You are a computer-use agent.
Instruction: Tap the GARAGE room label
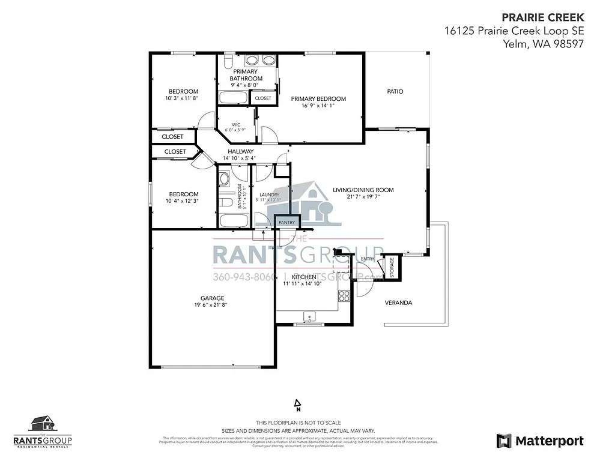point(212,298)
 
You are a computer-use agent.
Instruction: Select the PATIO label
point(395,92)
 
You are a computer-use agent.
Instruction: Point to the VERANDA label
point(398,303)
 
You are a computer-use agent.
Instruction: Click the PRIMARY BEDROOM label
point(318,98)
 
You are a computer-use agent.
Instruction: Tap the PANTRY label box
point(286,222)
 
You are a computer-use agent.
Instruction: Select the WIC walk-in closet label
point(228,125)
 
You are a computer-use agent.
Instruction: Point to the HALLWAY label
point(240,151)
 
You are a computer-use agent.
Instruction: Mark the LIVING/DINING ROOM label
point(363,190)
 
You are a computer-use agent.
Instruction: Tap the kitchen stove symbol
point(344,295)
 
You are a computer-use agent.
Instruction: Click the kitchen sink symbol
point(309,316)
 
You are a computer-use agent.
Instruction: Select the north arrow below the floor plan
point(297,405)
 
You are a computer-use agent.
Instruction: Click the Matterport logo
point(539,441)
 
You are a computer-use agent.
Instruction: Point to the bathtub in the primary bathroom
point(230,98)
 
